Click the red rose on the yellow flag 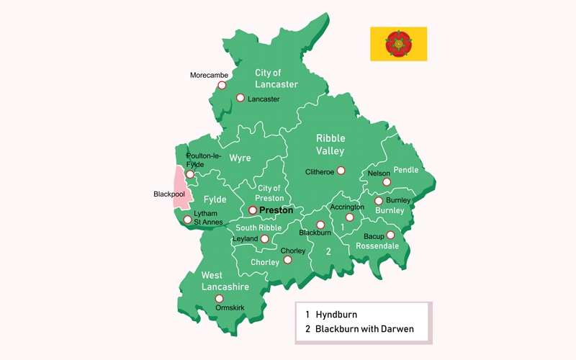(x=398, y=43)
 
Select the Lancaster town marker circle (x=240, y=98)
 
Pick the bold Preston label (x=276, y=210)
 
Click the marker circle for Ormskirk (x=220, y=298)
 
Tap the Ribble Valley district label (x=330, y=144)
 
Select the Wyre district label (x=240, y=158)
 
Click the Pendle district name (x=405, y=170)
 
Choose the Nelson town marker (x=387, y=182)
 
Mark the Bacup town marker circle (x=390, y=235)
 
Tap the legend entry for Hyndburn (x=336, y=315)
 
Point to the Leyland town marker (x=265, y=239)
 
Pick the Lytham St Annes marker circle (x=187, y=220)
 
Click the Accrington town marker (x=349, y=217)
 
